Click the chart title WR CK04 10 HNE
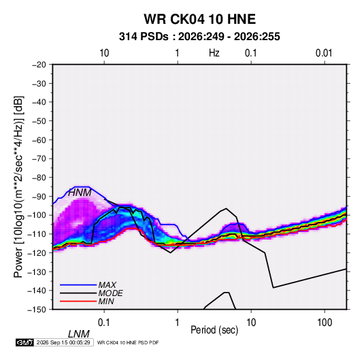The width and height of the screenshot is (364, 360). click(199, 19)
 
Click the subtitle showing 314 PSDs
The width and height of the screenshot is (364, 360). click(199, 37)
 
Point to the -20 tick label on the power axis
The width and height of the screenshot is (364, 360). click(39, 65)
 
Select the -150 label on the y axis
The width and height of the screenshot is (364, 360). click(37, 310)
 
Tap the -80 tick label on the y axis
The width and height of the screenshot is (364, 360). click(39, 178)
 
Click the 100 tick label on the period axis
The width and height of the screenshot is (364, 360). click(325, 323)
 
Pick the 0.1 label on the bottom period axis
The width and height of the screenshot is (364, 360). click(103, 323)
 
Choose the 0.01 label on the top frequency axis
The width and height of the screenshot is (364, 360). click(324, 53)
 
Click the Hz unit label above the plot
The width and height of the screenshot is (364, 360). click(214, 53)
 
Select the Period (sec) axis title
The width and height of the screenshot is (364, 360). click(214, 330)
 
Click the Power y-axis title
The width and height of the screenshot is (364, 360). click(18, 186)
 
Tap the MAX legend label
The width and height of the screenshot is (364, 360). click(107, 284)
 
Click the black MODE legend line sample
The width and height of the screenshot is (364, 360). click(78, 293)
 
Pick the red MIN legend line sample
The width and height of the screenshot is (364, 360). click(78, 301)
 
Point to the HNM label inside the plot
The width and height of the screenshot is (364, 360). click(80, 193)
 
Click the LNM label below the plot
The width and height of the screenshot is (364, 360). click(79, 334)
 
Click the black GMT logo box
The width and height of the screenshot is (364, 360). click(25, 342)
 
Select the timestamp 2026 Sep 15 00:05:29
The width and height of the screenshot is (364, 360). click(63, 342)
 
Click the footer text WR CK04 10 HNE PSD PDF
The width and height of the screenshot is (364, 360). click(128, 342)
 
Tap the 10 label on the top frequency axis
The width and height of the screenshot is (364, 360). click(104, 53)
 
